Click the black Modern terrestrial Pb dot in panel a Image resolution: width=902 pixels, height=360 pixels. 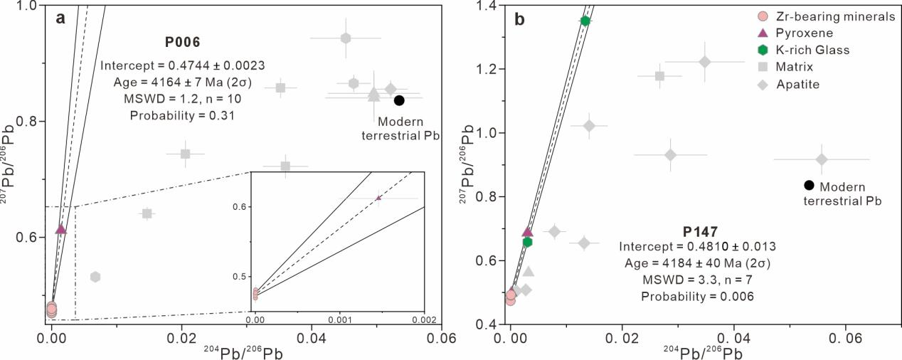[399, 100]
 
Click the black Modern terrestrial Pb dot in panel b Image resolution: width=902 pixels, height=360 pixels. [809, 186]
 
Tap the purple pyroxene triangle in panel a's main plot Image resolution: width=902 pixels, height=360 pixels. [61, 229]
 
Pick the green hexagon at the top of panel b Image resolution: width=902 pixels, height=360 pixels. [585, 21]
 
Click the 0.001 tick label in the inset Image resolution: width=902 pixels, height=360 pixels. [341, 319]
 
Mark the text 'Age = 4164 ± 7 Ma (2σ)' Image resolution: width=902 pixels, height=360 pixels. [183, 82]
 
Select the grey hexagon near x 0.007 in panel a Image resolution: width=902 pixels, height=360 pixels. [95, 277]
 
